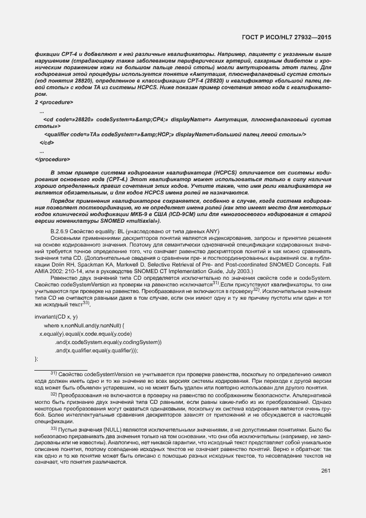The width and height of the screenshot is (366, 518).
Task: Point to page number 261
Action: point(326,455)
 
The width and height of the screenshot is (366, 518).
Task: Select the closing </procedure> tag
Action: point(55,160)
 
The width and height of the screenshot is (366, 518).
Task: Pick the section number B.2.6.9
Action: point(61,230)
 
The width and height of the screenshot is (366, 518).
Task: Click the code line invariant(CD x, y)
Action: point(56,316)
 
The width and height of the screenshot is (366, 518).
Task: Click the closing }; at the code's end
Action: point(37,359)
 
